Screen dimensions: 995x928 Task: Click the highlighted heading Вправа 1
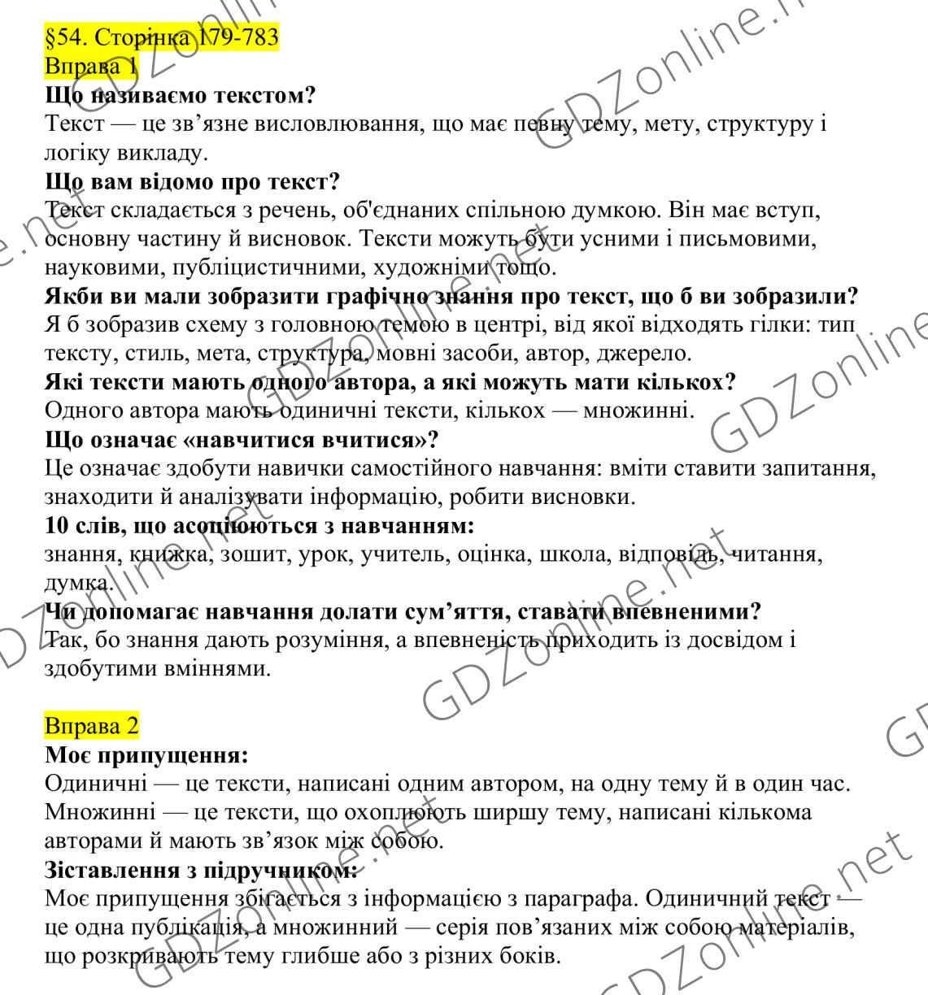pos(91,66)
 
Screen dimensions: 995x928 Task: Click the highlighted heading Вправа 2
pos(91,723)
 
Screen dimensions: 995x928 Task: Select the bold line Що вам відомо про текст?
pos(192,180)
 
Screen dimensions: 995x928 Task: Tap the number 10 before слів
pos(57,526)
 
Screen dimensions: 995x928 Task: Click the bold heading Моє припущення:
pos(146,755)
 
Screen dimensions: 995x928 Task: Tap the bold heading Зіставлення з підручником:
pos(201,871)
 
